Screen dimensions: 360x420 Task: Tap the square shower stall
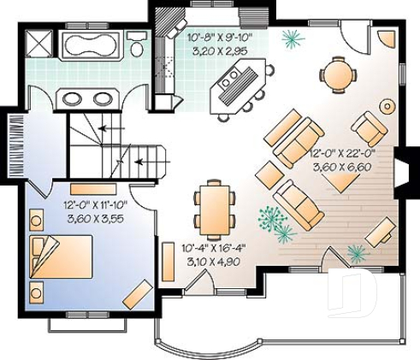[x=39, y=43]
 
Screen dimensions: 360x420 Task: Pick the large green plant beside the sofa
[x=275, y=221]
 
